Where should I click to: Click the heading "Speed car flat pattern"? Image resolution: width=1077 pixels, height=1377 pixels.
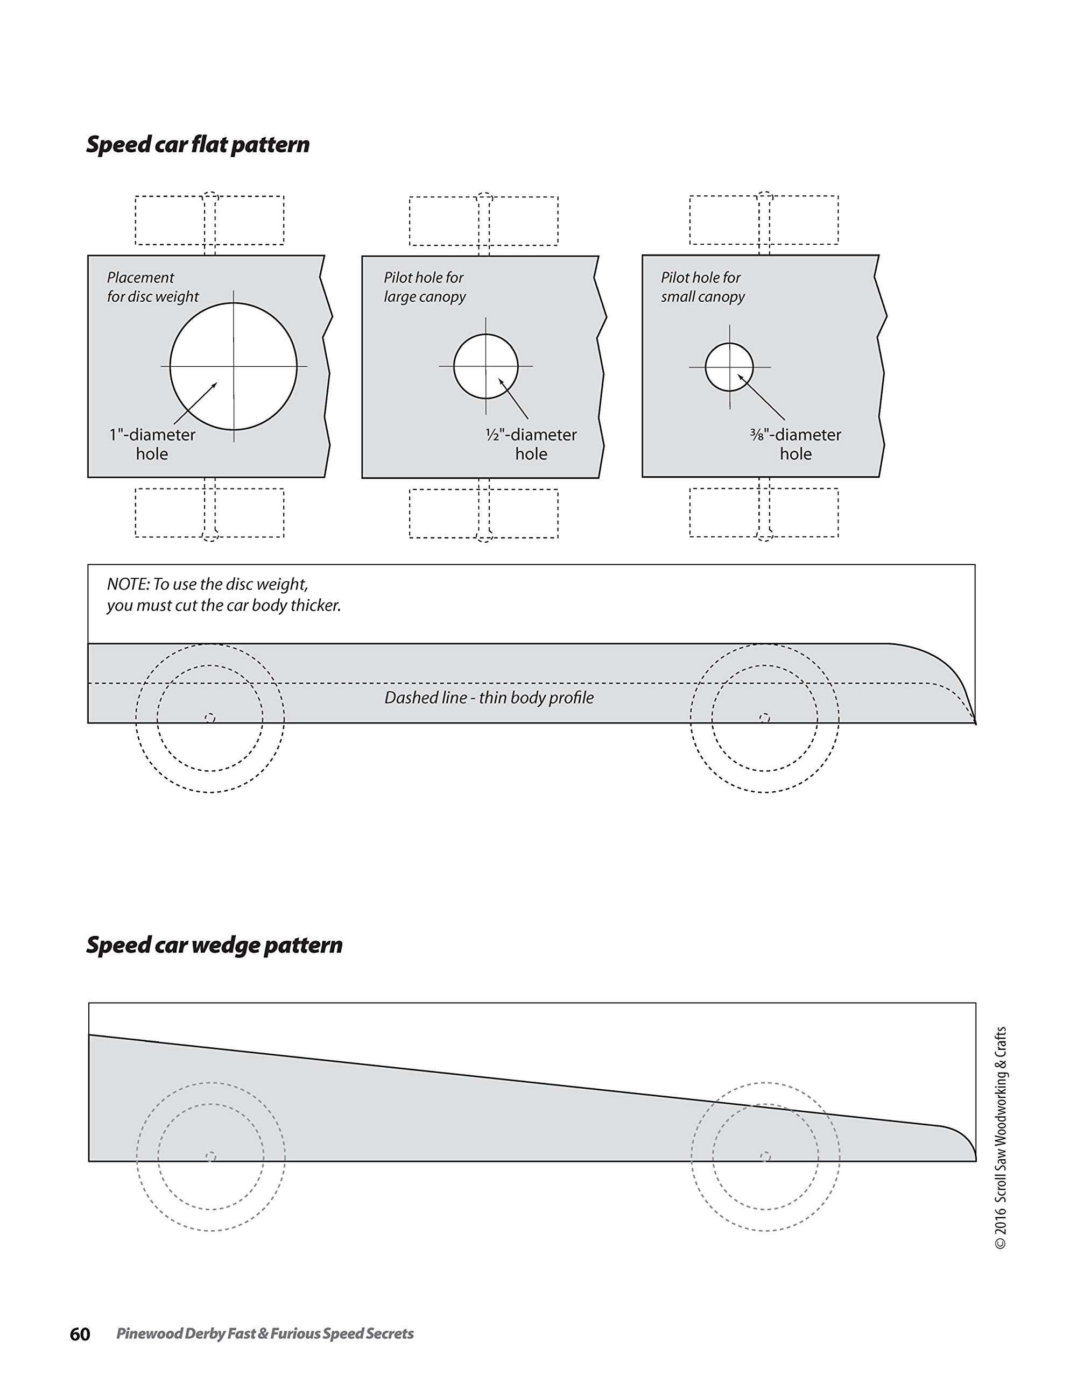click(x=198, y=144)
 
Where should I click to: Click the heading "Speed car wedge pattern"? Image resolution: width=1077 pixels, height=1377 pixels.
click(x=215, y=945)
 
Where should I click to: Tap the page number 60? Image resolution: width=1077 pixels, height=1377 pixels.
click(x=80, y=1334)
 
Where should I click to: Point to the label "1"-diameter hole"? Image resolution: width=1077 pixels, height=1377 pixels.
click(x=152, y=444)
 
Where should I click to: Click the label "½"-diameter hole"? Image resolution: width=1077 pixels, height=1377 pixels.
click(x=531, y=444)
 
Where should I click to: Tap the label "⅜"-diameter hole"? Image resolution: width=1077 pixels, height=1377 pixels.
click(x=796, y=444)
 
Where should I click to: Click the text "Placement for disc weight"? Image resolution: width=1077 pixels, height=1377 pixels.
click(x=153, y=287)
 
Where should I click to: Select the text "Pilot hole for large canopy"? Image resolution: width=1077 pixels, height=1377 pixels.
click(x=425, y=287)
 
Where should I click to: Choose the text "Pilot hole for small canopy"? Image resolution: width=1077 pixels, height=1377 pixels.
click(x=702, y=287)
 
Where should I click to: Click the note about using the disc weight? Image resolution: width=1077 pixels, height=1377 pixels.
click(x=223, y=594)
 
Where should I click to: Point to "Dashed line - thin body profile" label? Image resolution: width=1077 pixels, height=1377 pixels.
click(x=489, y=698)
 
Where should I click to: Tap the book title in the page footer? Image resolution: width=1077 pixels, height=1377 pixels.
click(x=265, y=1334)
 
